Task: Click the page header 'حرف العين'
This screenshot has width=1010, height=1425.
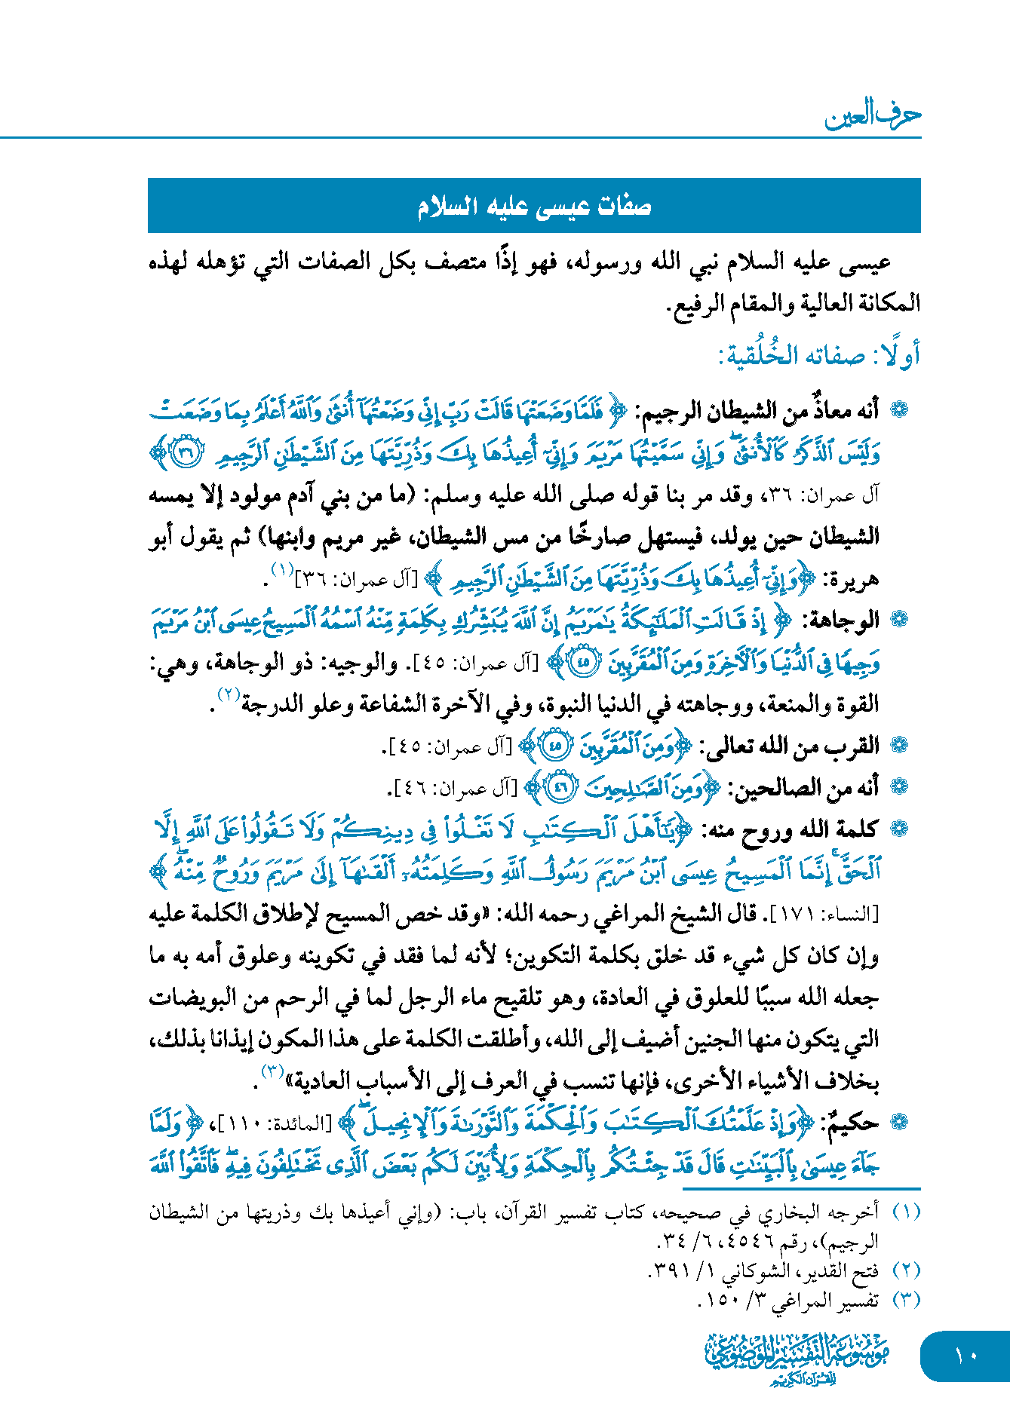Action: point(873,115)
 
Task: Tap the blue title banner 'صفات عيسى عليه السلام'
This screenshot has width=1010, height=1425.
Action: point(534,207)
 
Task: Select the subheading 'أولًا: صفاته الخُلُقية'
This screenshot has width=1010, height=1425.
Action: point(819,355)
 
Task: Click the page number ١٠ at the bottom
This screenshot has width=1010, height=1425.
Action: point(965,1356)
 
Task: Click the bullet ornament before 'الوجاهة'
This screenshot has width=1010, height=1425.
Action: point(898,621)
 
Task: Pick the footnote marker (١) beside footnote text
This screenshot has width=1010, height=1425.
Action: point(906,1212)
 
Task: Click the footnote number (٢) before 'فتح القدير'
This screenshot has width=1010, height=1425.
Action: point(906,1270)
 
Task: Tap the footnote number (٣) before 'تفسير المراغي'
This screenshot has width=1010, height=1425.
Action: point(906,1300)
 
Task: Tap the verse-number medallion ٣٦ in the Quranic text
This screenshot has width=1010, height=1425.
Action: point(183,452)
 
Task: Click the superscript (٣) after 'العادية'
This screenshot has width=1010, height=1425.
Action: point(272,1071)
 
